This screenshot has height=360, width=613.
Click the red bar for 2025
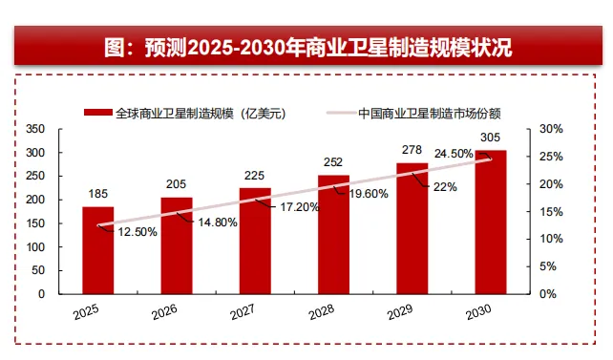(x=98, y=250)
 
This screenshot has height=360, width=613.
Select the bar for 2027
(x=255, y=241)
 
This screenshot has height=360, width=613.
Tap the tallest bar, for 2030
(x=491, y=222)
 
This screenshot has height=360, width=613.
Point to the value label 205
(x=176, y=184)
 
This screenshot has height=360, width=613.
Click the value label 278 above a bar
(x=412, y=150)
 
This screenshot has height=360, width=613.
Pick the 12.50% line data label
(x=137, y=232)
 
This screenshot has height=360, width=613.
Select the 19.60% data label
(x=369, y=194)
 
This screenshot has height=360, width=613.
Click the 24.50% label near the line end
(x=454, y=154)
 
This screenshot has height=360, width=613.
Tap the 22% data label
(x=445, y=187)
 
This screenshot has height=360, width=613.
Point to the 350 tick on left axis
(x=35, y=129)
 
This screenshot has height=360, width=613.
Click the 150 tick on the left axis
(x=35, y=223)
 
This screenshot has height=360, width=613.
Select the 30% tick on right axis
(x=551, y=129)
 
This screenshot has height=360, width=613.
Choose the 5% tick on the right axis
(x=548, y=266)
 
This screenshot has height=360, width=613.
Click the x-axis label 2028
(x=322, y=312)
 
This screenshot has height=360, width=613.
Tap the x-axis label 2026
(x=164, y=312)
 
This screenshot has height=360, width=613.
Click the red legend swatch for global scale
(x=97, y=113)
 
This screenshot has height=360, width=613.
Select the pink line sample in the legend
(x=341, y=114)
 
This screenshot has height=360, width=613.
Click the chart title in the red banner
(x=308, y=48)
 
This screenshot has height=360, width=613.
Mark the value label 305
(x=490, y=138)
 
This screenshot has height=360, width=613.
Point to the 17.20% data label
(x=300, y=207)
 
